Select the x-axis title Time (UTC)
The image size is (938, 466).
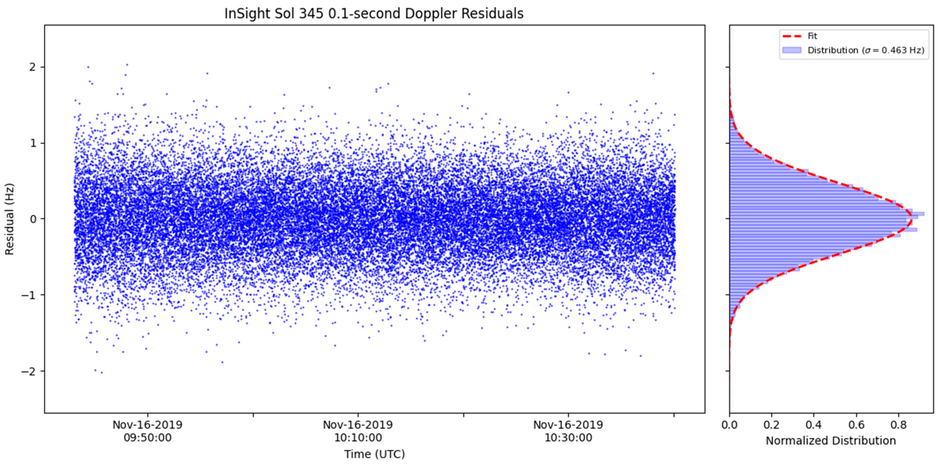coord(374,454)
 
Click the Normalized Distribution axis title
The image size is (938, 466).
coord(831,441)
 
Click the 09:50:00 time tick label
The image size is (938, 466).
coord(148,437)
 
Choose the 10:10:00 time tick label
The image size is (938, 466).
coord(358,437)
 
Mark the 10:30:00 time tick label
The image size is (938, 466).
coord(568,437)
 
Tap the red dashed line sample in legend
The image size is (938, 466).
coord(792,36)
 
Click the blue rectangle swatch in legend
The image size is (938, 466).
coord(792,50)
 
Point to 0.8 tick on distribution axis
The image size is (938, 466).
coord(898,425)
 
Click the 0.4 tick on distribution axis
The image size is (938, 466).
coord(814,425)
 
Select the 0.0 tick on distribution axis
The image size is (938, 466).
coord(729,425)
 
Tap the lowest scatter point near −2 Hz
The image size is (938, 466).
coord(102,372)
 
